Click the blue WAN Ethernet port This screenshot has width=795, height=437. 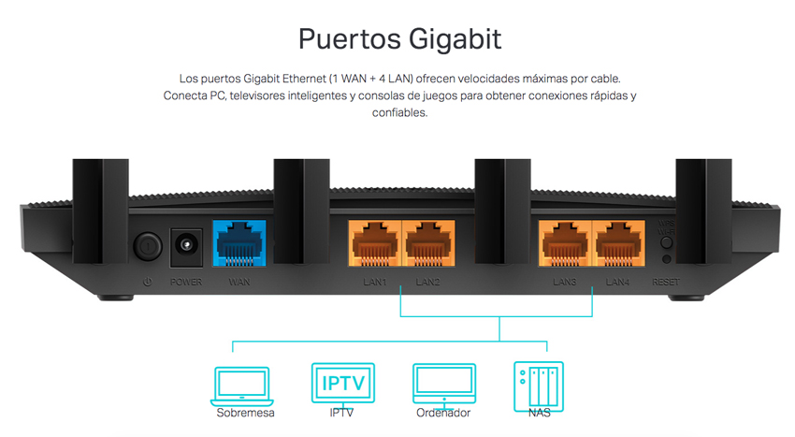238,243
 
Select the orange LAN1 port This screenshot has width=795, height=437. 375,243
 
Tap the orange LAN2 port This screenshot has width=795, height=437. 428,243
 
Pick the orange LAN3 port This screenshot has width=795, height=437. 565,243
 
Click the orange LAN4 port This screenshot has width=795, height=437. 618,243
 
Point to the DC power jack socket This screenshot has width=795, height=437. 186,247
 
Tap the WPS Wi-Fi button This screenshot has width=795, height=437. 667,242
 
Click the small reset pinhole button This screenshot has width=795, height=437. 667,259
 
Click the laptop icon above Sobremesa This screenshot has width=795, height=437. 242,386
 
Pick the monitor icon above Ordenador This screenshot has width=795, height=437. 444,385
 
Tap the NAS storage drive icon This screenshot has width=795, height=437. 539,386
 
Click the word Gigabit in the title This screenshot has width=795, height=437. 455,39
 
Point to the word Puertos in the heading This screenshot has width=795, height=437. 350,39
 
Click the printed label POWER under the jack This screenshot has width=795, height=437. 186,282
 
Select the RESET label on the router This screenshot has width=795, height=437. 666,282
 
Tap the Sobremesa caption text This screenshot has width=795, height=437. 245,414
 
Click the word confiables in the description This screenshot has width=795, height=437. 400,112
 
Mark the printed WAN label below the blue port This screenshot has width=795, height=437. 239,282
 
